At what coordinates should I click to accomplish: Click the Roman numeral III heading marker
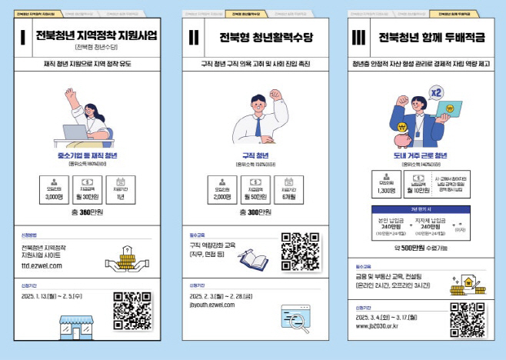tap(359, 38)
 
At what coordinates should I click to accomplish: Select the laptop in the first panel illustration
tap(74, 132)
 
